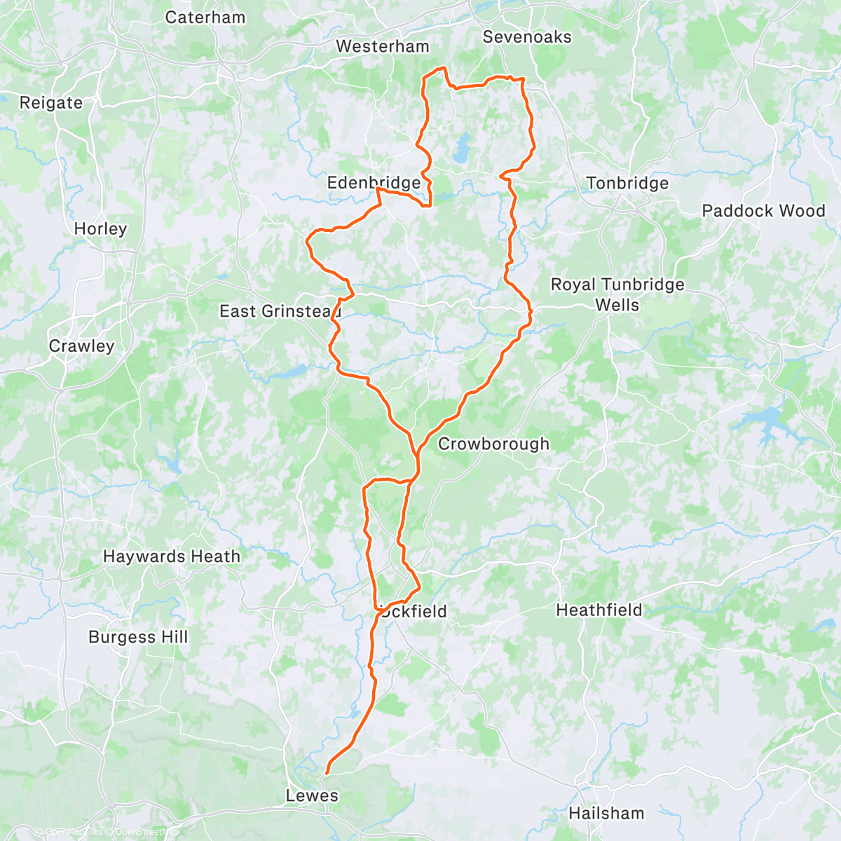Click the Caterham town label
(x=205, y=18)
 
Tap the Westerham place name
(x=382, y=47)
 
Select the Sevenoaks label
(x=527, y=37)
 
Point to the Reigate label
(x=50, y=103)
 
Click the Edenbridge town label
(x=374, y=183)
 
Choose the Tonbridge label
(x=627, y=184)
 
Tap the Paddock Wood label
(x=763, y=211)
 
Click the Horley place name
(x=100, y=229)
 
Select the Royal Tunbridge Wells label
(x=617, y=294)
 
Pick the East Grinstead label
(x=280, y=311)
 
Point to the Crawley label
(x=81, y=346)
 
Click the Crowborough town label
(x=493, y=444)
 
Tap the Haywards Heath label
(x=172, y=556)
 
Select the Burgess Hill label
(x=138, y=637)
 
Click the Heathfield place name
(x=599, y=610)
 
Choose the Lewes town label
(x=312, y=796)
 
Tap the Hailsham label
(x=606, y=814)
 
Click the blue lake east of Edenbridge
(x=462, y=149)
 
